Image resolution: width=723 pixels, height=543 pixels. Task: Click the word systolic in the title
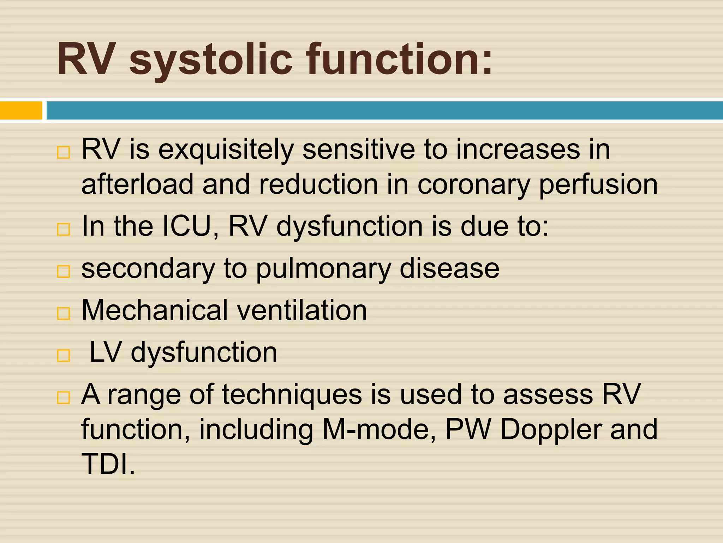(x=211, y=60)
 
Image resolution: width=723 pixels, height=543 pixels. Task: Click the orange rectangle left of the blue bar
(x=21, y=110)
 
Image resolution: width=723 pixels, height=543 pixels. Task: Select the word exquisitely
(x=226, y=150)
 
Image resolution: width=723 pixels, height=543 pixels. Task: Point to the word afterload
(x=137, y=184)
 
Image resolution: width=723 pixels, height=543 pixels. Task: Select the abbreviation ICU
(x=187, y=226)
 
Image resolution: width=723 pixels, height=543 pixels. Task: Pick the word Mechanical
(x=155, y=310)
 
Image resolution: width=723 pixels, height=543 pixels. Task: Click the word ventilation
(x=302, y=310)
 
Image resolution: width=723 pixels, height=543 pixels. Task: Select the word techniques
(x=292, y=395)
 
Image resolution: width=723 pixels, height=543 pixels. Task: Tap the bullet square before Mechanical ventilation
(x=64, y=313)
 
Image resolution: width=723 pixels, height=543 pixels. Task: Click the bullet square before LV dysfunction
(x=64, y=355)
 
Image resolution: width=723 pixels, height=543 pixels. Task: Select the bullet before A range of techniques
(x=64, y=398)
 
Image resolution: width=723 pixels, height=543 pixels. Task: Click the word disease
(x=449, y=269)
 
